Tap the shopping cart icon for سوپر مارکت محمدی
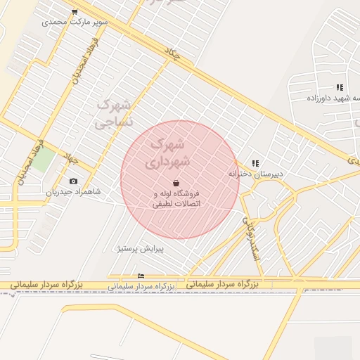[75, 12]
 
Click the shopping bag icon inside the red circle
[175, 183]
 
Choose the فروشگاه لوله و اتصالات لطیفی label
[176, 198]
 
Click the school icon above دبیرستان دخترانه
[255, 163]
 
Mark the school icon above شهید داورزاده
[340, 88]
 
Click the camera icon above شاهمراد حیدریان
[73, 181]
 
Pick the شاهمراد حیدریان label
[74, 191]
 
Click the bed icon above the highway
[141, 276]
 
